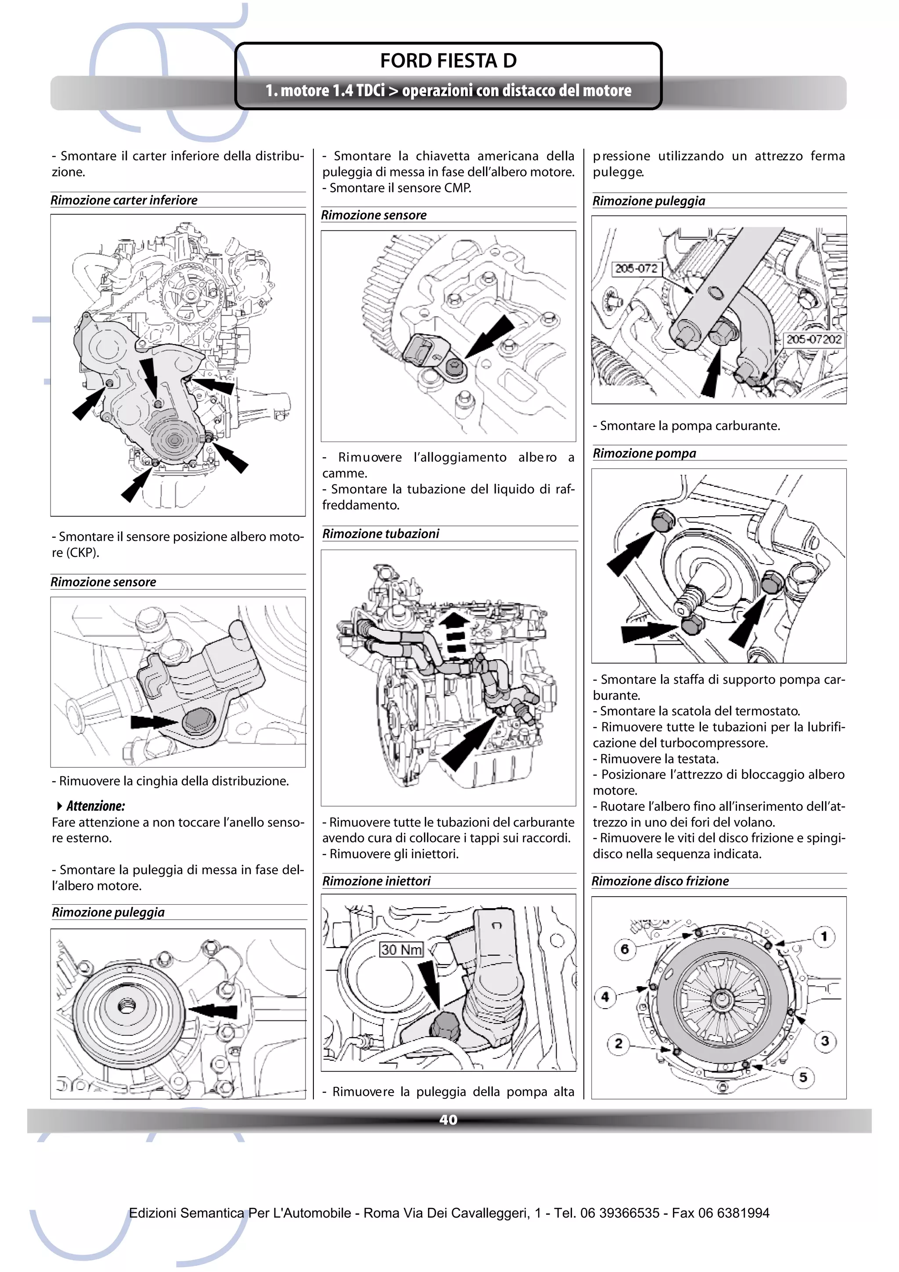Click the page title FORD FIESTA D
[448, 61]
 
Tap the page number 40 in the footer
[448, 1120]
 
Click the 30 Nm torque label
[401, 949]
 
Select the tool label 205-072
[636, 269]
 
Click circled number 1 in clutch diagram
[823, 937]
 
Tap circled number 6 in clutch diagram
[624, 949]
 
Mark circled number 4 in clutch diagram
[605, 997]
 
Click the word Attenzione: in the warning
[95, 806]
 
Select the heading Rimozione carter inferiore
[124, 201]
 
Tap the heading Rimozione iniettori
[376, 881]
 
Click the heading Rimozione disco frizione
[660, 881]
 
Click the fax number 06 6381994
[734, 1213]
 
